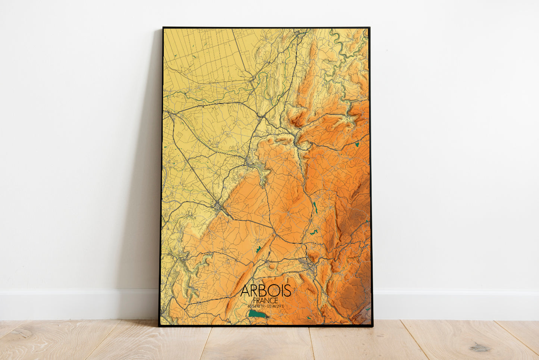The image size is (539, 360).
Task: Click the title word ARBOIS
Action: pyautogui.click(x=265, y=291)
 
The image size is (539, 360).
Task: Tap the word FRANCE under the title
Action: pyautogui.click(x=265, y=300)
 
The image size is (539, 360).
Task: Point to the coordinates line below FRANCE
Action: pyautogui.click(x=265, y=307)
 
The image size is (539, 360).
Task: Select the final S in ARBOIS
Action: pyautogui.click(x=287, y=291)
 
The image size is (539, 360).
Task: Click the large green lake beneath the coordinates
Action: pyautogui.click(x=258, y=314)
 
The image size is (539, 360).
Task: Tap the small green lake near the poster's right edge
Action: pyautogui.click(x=357, y=144)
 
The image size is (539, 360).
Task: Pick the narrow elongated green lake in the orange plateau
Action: pyautogui.click(x=315, y=208)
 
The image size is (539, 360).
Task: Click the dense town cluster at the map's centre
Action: pyautogui.click(x=251, y=163)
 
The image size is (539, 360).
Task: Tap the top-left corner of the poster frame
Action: pyautogui.click(x=163, y=28)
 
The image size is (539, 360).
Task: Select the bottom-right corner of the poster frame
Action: pyautogui.click(x=372, y=326)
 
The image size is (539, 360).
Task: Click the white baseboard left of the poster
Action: pyautogui.click(x=75, y=304)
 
